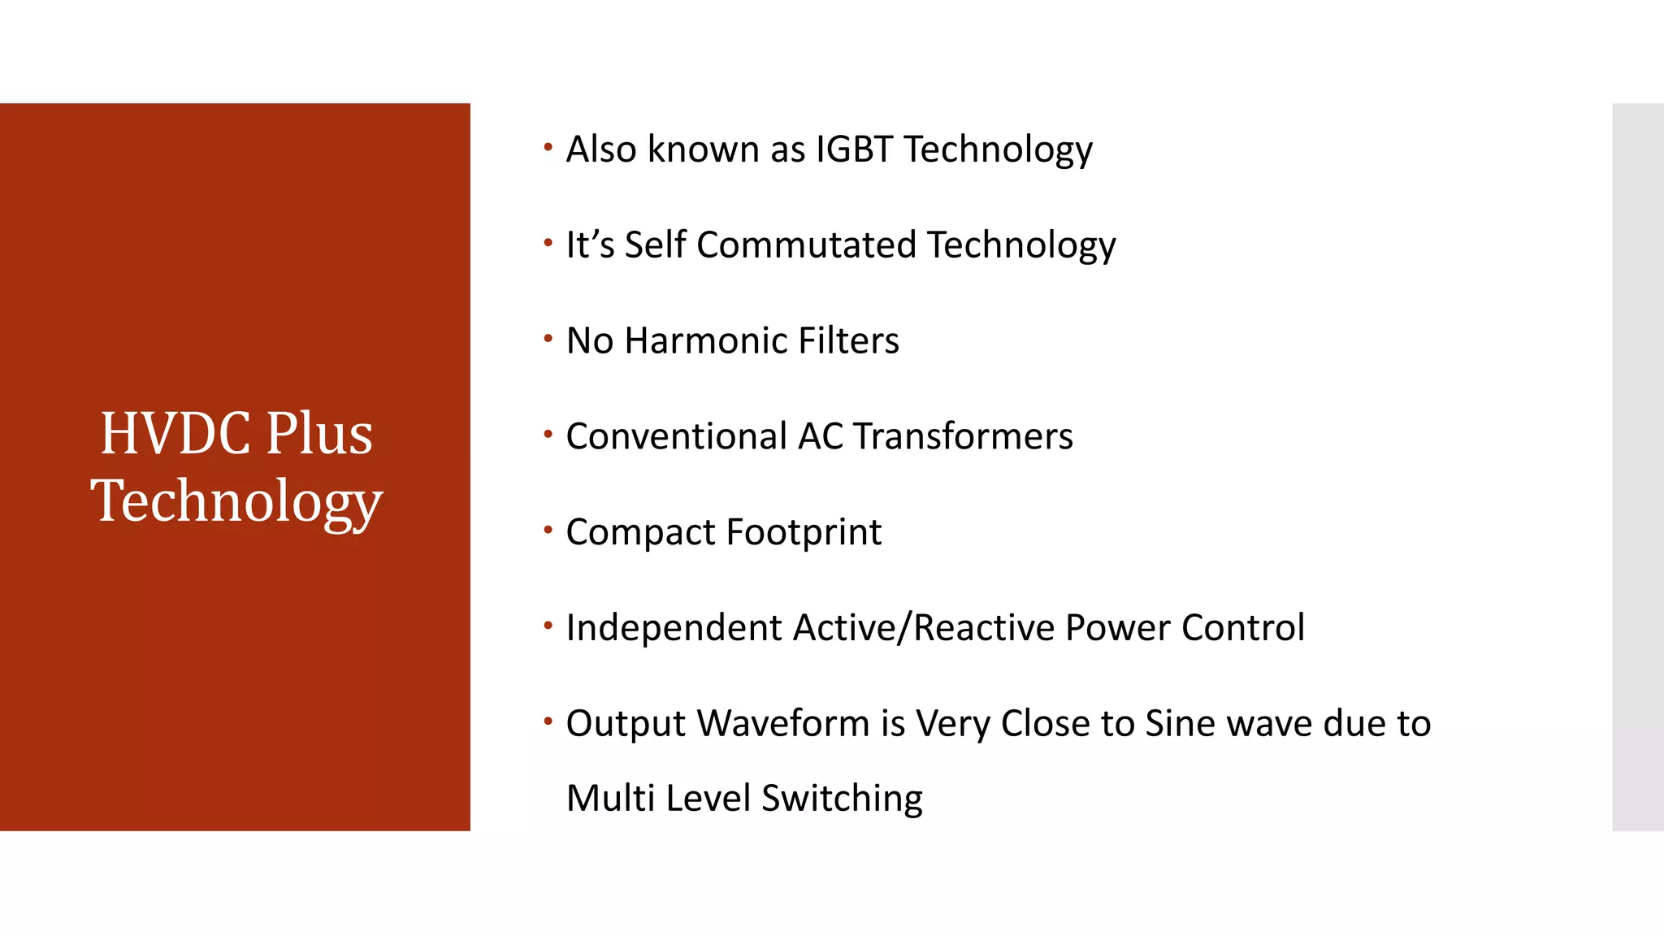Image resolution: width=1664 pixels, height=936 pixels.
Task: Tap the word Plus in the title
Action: click(x=319, y=434)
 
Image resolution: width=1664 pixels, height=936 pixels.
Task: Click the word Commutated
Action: click(x=806, y=245)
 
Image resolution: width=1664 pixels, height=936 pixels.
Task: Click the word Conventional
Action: click(x=676, y=437)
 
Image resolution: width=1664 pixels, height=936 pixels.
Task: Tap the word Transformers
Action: click(x=963, y=437)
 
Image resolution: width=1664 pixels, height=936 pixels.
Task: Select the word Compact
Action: click(x=640, y=533)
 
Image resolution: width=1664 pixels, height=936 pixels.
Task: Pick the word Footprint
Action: click(x=804, y=533)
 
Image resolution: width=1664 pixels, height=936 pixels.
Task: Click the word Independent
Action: click(x=674, y=628)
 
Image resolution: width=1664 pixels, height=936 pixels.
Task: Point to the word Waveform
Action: click(x=783, y=724)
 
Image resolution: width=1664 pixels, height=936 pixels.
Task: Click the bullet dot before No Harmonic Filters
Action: click(x=548, y=339)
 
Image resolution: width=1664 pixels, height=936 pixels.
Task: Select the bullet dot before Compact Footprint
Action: click(x=548, y=531)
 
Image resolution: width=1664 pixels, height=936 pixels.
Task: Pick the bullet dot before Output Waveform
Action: click(x=548, y=721)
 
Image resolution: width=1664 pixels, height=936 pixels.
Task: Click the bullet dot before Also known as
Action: click(x=548, y=147)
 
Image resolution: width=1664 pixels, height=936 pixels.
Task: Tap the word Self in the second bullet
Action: click(x=655, y=245)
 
